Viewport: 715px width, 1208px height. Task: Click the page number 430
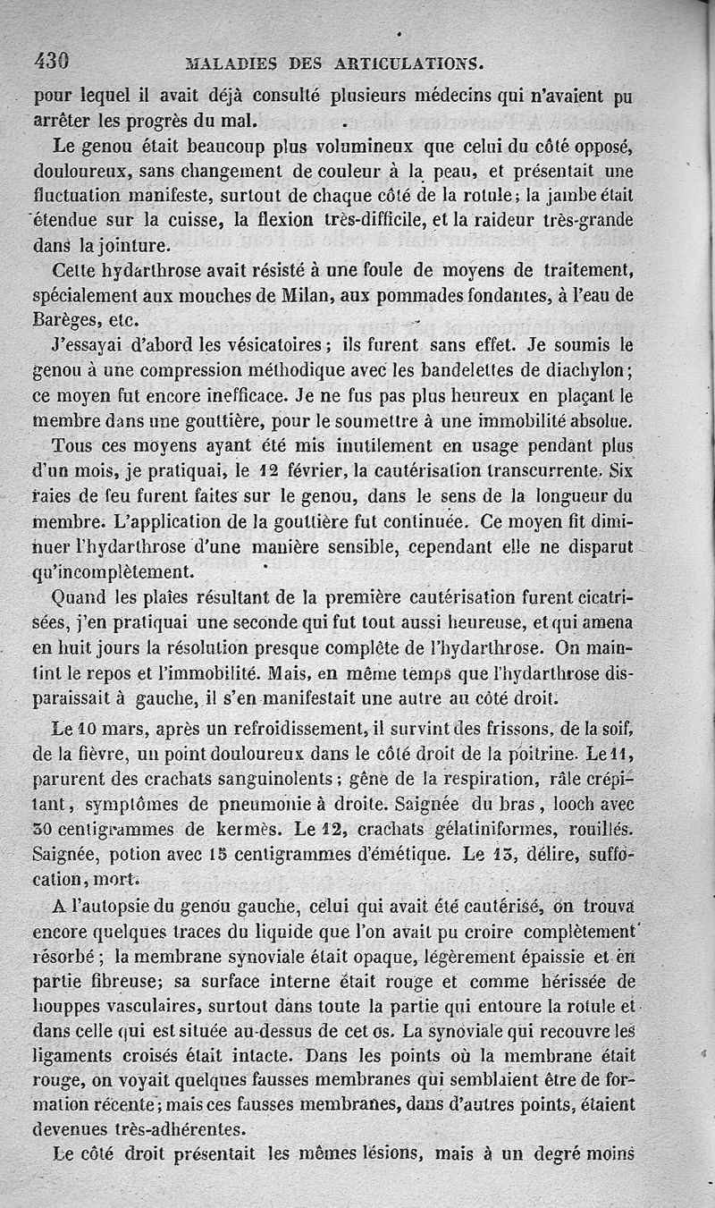click(x=51, y=62)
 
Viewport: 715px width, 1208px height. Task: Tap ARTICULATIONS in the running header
click(x=410, y=64)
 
